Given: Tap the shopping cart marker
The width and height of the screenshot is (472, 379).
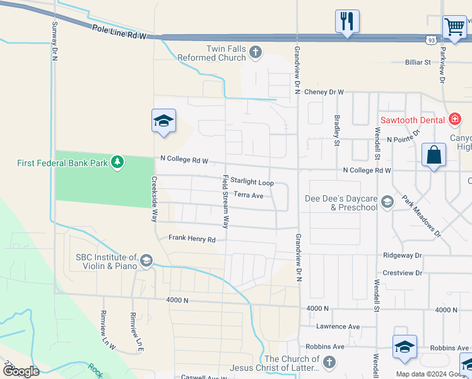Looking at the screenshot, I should (x=454, y=27).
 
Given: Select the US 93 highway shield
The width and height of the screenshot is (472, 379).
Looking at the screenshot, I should (x=430, y=40).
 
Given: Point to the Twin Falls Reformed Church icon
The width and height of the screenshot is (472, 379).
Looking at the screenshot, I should (x=256, y=52).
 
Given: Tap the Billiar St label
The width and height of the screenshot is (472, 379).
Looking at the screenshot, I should (x=417, y=63).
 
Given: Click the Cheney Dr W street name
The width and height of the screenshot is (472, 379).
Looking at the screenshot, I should (x=324, y=92).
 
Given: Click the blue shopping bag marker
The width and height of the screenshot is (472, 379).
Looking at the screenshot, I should (x=434, y=155).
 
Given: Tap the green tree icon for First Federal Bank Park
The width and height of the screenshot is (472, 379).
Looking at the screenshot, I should (x=117, y=162).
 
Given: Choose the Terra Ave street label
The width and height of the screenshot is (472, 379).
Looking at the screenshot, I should (x=248, y=195).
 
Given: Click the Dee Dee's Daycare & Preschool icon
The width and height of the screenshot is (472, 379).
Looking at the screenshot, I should (x=387, y=202).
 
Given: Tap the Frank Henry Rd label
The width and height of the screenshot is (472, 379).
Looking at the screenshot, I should (x=192, y=239).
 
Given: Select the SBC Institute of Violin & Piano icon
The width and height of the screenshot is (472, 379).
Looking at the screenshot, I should (x=146, y=260).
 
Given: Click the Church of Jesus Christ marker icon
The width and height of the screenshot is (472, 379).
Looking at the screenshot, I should (x=329, y=363).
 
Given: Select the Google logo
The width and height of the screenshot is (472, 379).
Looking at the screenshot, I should (x=21, y=371).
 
